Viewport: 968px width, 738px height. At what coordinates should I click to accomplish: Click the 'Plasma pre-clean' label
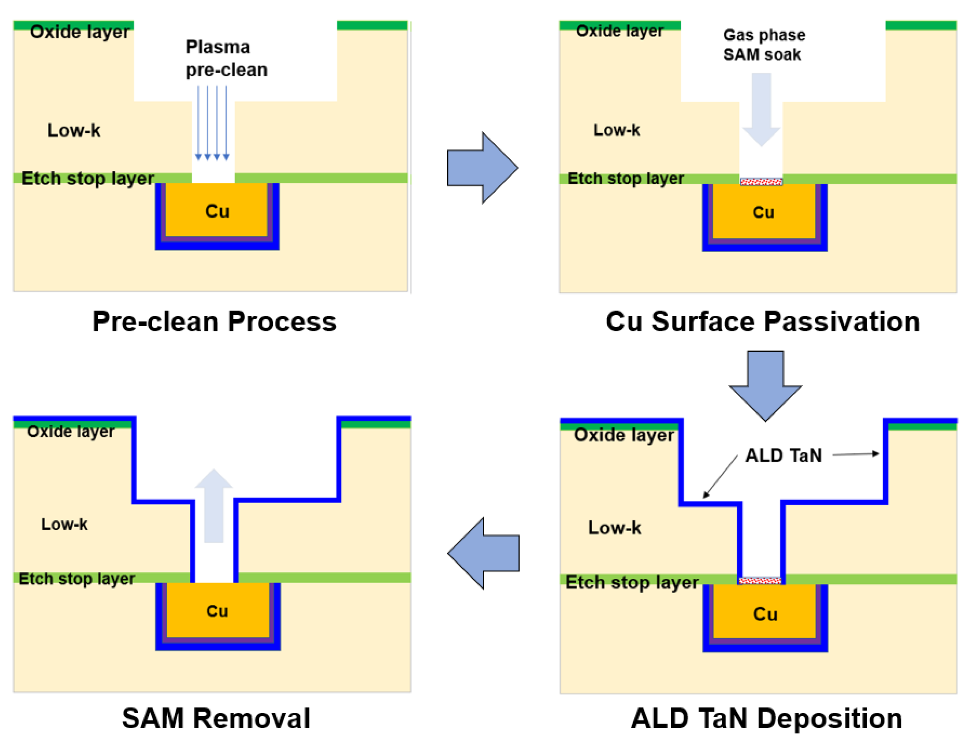coord(226,58)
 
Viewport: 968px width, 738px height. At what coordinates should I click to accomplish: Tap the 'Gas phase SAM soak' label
coord(764,45)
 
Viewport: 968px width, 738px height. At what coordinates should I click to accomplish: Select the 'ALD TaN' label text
coord(783,456)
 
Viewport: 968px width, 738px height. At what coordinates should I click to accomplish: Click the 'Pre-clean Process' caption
coord(214,322)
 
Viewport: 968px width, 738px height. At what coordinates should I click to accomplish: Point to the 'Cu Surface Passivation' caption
coord(763,322)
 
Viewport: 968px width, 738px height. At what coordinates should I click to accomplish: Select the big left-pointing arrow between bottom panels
coord(483,553)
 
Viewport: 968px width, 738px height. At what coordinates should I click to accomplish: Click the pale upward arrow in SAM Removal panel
coord(213,506)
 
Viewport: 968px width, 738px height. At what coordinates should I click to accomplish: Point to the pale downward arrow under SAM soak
coord(761,109)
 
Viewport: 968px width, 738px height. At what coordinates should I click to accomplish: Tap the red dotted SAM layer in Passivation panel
coord(761,182)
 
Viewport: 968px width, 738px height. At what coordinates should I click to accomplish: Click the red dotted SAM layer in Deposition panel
coord(760,581)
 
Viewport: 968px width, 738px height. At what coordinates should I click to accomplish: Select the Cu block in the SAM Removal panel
coord(218,610)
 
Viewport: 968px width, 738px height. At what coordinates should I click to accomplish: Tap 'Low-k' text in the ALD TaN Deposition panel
coord(614,528)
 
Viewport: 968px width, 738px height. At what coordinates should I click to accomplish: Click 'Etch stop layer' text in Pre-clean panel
coord(88,179)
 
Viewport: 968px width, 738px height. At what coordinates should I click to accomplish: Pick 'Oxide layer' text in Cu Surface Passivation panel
coord(619,31)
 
